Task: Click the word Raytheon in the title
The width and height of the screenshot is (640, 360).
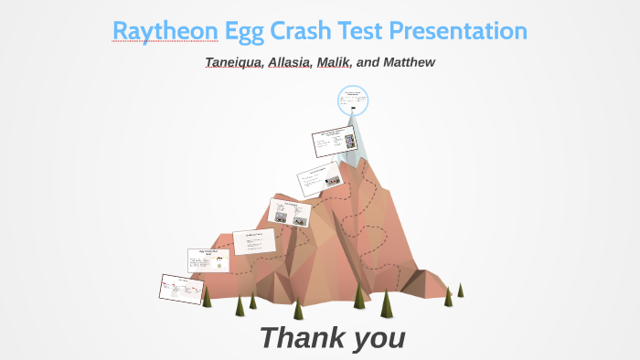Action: [165, 31]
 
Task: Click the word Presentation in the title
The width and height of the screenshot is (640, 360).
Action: [458, 31]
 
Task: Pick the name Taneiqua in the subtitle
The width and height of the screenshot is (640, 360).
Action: [233, 62]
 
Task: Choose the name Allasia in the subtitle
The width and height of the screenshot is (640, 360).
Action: [289, 62]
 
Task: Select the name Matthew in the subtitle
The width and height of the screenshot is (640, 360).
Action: [409, 62]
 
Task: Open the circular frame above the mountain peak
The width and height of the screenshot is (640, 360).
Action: [353, 101]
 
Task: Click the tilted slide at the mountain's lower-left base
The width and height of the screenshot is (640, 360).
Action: [181, 289]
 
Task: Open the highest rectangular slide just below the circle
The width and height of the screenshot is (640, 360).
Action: [333, 143]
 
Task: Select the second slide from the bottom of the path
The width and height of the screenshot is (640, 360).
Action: [208, 260]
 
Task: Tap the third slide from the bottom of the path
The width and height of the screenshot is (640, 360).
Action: [254, 241]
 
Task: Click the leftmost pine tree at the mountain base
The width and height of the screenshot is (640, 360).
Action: [207, 296]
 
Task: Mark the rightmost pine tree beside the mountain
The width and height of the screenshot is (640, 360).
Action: [460, 290]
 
